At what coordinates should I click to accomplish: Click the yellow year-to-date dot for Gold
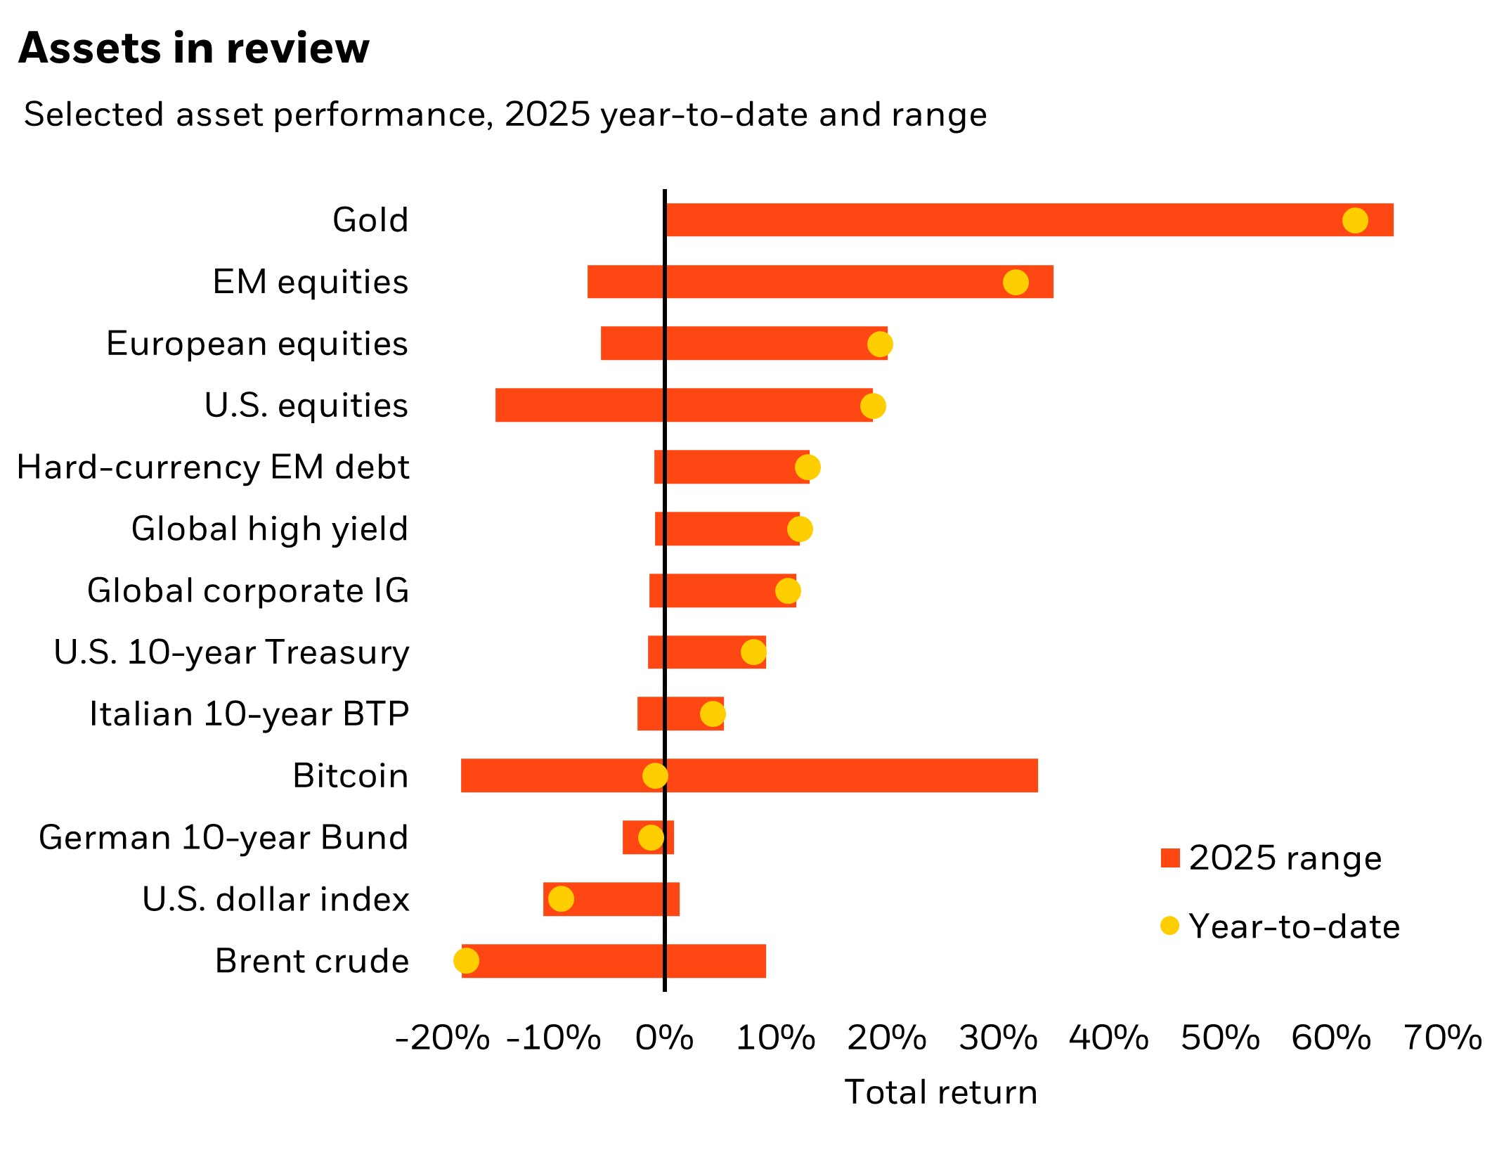coord(1354,220)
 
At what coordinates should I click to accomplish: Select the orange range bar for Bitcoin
coord(843,775)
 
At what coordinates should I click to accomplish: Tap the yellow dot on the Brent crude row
coord(466,960)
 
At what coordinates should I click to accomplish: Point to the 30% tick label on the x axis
coord(998,1038)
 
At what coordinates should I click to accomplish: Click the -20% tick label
coord(443,1038)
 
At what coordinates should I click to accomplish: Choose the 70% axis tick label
coord(1442,1038)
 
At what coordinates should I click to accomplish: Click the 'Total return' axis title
coord(940,1092)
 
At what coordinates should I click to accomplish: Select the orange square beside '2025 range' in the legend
coord(1170,858)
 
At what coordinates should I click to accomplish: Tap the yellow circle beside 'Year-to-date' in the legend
coord(1169,926)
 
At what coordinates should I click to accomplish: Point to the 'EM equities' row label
coord(310,282)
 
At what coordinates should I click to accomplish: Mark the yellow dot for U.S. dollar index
coord(561,898)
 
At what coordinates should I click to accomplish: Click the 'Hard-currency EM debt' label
coord(213,467)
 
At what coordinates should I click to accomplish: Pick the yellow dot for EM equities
coord(1016,282)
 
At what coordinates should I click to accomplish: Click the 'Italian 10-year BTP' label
coord(249,714)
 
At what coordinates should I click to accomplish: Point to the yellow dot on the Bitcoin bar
coord(655,775)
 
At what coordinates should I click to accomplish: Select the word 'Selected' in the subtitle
coord(93,114)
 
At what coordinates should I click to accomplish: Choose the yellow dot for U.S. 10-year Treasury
coord(753,652)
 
